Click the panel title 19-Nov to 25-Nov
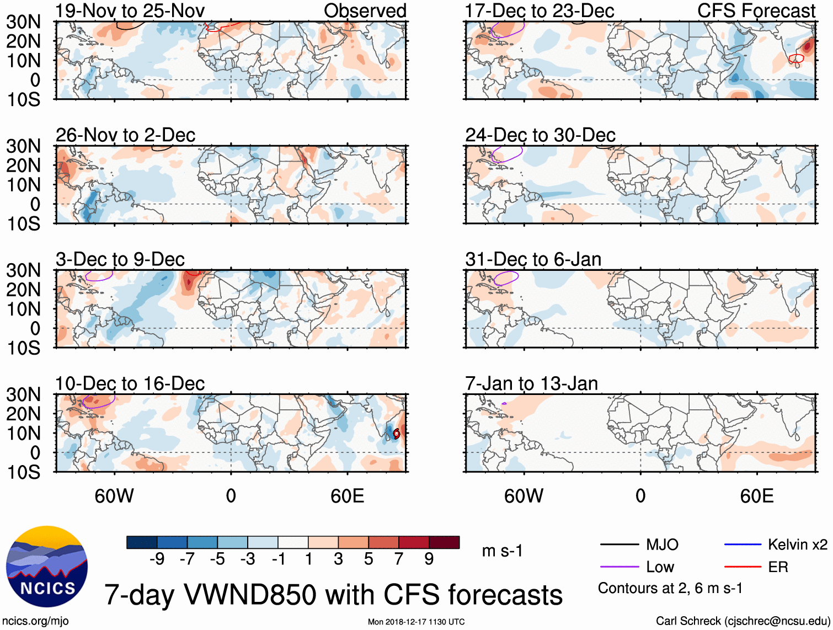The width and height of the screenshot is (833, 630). tap(130, 10)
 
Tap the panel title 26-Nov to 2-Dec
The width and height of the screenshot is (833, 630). tap(126, 135)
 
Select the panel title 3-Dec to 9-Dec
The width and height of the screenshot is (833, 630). tap(120, 259)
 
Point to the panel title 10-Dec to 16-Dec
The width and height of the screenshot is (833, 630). tap(130, 383)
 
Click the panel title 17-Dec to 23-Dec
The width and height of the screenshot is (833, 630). tap(540, 10)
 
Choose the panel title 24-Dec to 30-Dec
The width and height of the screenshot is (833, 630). tap(540, 135)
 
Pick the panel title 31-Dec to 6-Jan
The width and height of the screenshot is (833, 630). tap(533, 259)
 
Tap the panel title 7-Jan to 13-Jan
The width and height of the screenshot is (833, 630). tap(531, 383)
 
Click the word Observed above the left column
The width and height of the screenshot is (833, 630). tap(365, 10)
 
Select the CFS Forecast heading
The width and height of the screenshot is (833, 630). tap(756, 10)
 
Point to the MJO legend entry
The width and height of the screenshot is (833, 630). tap(662, 545)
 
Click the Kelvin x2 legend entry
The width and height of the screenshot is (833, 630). tap(797, 545)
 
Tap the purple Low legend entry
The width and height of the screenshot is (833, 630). tap(660, 567)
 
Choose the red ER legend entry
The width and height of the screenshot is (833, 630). tap(778, 567)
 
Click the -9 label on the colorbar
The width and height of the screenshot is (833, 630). tap(157, 559)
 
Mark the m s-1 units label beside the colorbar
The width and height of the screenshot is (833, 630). tap(502, 551)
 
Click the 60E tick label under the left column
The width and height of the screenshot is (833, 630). tap(348, 496)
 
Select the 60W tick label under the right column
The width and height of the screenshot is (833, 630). tap(524, 496)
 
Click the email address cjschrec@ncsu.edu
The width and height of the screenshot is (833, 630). tap(777, 621)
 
